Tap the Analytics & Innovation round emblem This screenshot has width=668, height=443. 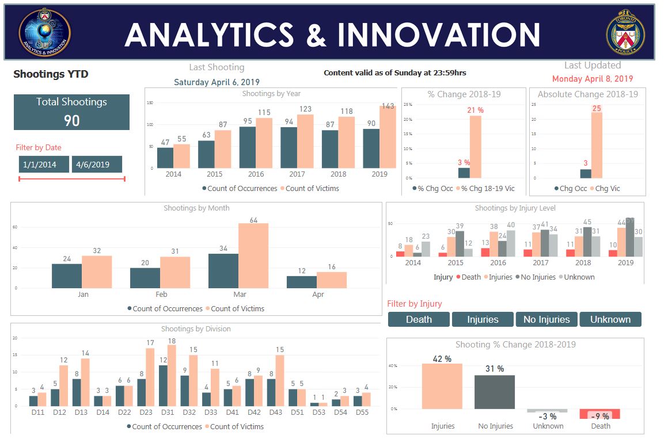point(44,32)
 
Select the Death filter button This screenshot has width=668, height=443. point(419,319)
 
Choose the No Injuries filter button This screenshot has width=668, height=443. point(546,319)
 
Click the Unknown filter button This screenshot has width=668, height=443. point(610,319)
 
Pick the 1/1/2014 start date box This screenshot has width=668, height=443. point(44,165)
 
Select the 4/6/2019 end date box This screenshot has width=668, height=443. point(97,165)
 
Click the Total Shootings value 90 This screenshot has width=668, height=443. point(72,120)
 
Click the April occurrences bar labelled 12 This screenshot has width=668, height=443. point(302,282)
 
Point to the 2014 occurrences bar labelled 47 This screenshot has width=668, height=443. point(165,158)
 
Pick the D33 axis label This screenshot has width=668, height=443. point(211,413)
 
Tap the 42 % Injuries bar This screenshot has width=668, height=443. point(442,386)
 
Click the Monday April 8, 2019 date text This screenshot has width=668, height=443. point(593,79)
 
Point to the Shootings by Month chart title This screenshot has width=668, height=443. point(196,208)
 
